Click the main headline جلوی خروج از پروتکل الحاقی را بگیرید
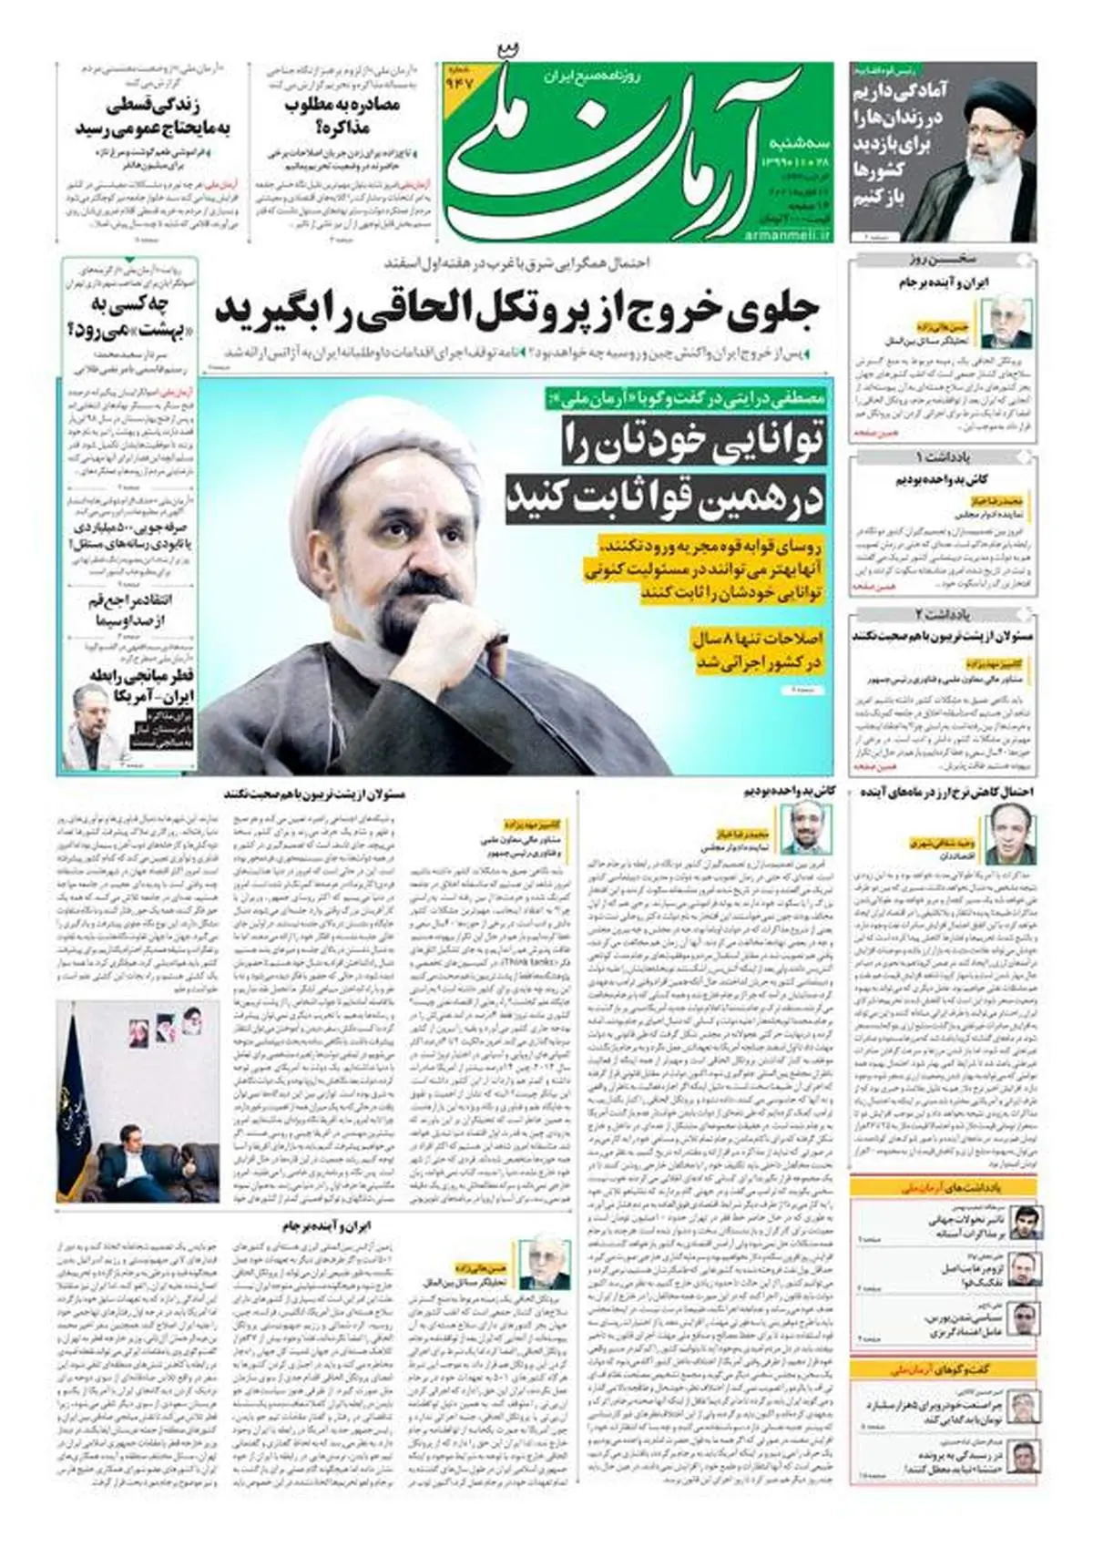point(517,311)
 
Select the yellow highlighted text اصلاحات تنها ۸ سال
point(757,638)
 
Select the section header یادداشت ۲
point(942,615)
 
